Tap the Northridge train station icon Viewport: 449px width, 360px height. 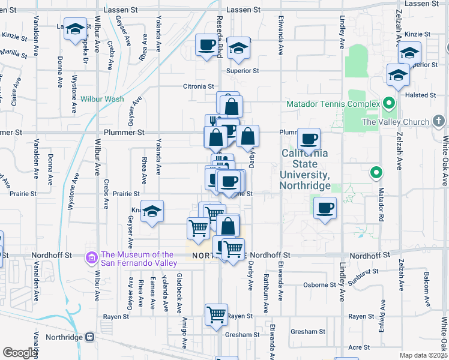[91, 337]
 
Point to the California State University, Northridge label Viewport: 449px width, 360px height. [305, 169]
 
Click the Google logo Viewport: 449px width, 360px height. [20, 353]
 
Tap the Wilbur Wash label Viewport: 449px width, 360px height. [102, 98]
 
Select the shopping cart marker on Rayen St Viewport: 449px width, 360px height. [215, 314]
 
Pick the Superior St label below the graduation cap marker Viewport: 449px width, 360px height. [243, 71]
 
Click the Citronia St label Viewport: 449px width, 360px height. [199, 86]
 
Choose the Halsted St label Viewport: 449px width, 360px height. [420, 95]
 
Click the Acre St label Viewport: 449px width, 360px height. [358, 347]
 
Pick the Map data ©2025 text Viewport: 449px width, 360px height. [423, 355]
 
